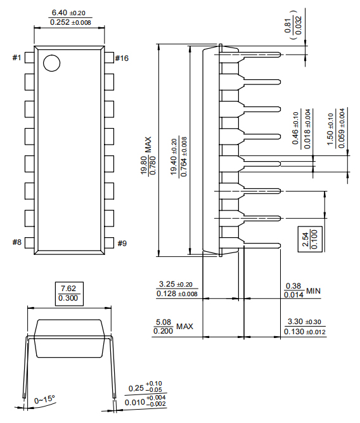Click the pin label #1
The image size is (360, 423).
point(16,58)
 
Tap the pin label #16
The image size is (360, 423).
point(122,58)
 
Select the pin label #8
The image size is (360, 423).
point(16,242)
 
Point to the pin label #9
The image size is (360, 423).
point(121,242)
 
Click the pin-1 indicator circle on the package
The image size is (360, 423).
point(51,63)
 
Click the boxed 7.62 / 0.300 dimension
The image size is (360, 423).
point(68,293)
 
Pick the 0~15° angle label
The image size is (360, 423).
point(45,400)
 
